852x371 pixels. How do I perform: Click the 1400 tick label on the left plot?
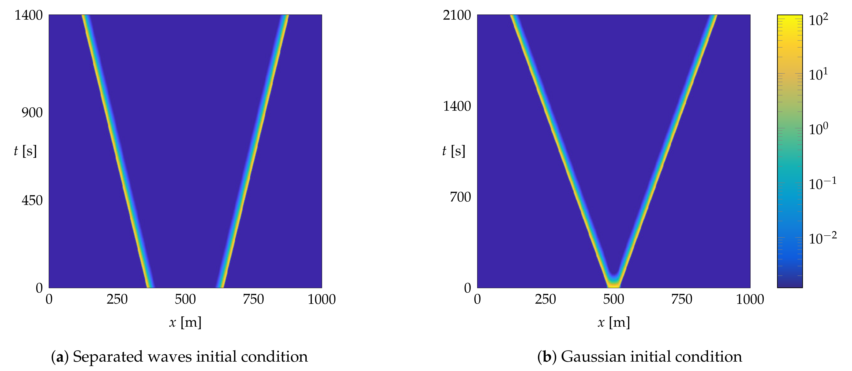click(x=29, y=15)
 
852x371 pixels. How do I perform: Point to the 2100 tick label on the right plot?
click(x=457, y=15)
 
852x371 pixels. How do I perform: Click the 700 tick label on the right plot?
click(x=460, y=197)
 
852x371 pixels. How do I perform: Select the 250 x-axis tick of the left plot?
click(x=117, y=300)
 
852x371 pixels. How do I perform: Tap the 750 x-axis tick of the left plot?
click(x=253, y=300)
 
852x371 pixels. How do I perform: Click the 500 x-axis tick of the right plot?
click(x=613, y=300)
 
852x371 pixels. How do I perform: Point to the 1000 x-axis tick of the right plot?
click(x=750, y=300)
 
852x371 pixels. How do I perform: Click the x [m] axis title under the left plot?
click(x=185, y=322)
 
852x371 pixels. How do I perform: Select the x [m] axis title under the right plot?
click(x=613, y=322)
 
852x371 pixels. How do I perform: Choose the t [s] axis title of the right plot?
click(x=453, y=151)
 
